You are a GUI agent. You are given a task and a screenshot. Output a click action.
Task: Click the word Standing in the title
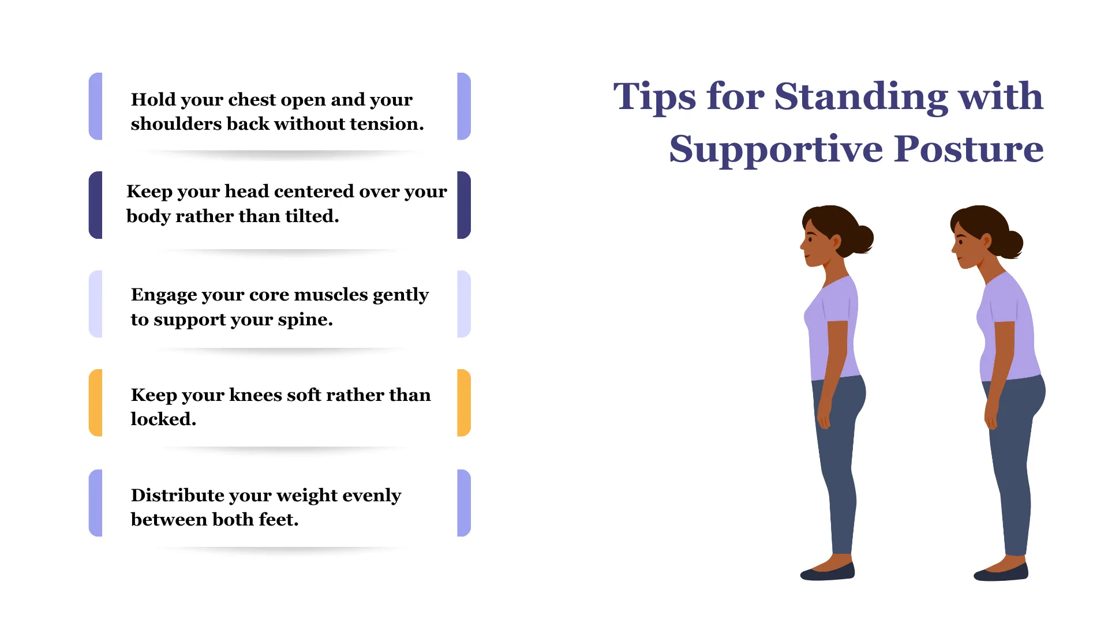(x=860, y=97)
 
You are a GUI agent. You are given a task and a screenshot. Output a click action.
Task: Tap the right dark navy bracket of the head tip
(x=464, y=205)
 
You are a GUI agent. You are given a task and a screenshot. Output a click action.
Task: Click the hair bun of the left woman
(x=862, y=238)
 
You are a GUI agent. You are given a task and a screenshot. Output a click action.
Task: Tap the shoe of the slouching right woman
(x=1001, y=572)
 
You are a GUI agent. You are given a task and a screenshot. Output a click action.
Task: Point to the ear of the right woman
(x=986, y=241)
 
